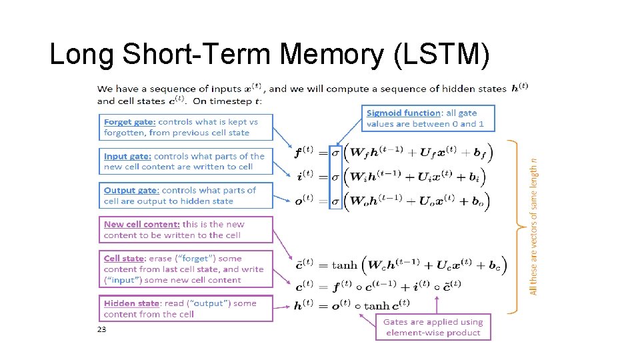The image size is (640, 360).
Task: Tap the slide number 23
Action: pos(101,329)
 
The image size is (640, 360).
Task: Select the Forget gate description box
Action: pos(186,127)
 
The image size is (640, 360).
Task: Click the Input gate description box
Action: pos(186,161)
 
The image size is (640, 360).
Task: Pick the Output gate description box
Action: pos(186,195)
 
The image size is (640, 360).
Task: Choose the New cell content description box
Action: pos(186,229)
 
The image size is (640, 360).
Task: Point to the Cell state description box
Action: pos(186,269)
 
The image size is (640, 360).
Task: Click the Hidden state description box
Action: pos(186,308)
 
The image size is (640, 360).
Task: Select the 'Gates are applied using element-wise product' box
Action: pos(433,327)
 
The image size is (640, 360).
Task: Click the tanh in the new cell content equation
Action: pos(344,265)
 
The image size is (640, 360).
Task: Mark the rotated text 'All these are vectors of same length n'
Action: pos(534,226)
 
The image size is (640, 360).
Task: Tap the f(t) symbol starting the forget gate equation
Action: pos(305,152)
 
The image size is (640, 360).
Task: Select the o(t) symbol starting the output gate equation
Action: pos(305,200)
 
